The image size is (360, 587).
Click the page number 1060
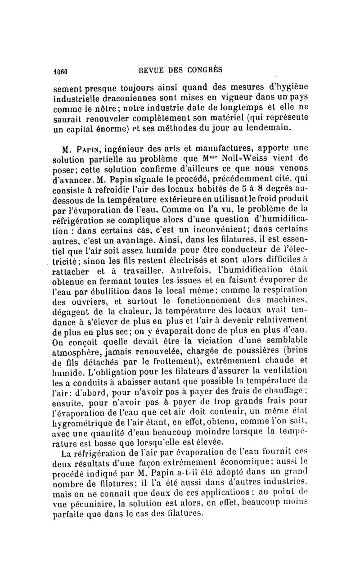click(60, 70)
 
